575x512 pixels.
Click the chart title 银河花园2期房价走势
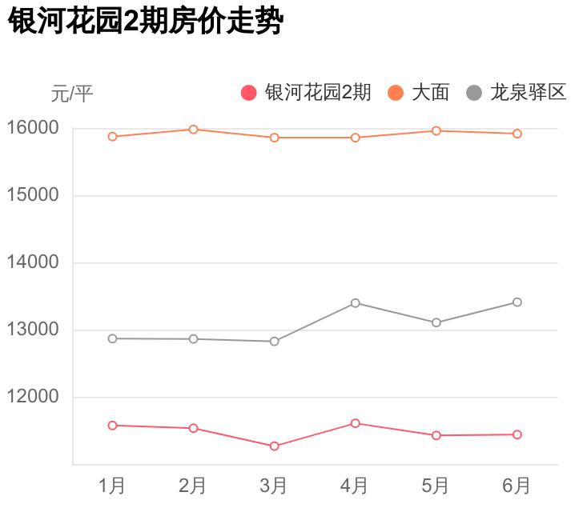(x=146, y=22)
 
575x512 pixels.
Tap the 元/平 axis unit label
(x=72, y=94)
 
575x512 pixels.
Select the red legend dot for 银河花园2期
(x=249, y=93)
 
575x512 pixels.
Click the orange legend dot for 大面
(x=396, y=93)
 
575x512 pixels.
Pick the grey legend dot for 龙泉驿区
(x=474, y=93)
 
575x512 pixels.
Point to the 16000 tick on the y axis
(x=33, y=128)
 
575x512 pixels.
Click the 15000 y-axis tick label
(x=33, y=195)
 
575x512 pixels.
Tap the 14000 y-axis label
(x=33, y=262)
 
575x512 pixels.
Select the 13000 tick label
(x=33, y=330)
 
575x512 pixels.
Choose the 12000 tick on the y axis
(x=33, y=397)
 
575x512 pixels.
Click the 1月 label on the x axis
(x=112, y=485)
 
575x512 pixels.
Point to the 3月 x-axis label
(x=274, y=485)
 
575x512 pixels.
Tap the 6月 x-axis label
(x=517, y=485)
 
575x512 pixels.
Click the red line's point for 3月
(x=274, y=446)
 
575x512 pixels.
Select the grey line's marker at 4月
(x=355, y=303)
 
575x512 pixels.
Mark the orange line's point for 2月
(x=193, y=130)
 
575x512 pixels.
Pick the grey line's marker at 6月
(x=517, y=302)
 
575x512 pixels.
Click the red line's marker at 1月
(x=112, y=426)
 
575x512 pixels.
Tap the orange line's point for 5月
(x=436, y=130)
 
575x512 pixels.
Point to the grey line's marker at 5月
(x=436, y=322)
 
